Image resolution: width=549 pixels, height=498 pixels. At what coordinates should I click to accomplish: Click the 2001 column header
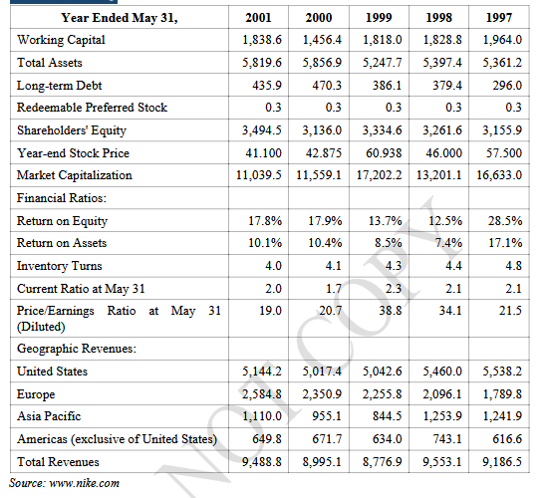coord(258,18)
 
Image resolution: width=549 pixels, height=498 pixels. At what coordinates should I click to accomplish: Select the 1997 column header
coord(499,18)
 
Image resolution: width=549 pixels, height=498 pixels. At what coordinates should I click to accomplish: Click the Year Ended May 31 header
coord(120,18)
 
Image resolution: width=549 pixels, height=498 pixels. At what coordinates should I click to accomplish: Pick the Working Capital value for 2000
coord(322,40)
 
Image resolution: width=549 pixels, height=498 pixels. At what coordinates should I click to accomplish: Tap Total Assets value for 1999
coord(382,63)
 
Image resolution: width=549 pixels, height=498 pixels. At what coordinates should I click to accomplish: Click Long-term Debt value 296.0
coord(507,85)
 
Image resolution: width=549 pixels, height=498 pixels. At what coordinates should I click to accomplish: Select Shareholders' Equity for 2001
coord(262,130)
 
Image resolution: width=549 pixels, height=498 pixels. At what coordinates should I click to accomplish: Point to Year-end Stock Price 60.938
coord(384,153)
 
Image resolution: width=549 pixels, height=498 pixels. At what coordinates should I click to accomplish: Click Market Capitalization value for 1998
coord(439,175)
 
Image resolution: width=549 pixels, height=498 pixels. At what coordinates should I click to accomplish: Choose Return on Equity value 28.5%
coord(505,221)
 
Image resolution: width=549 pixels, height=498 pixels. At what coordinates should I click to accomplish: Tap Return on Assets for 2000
coord(325,242)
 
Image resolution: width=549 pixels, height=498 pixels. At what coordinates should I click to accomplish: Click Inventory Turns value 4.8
coord(514,266)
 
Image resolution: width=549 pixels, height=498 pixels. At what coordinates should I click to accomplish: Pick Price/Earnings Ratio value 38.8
coord(391,311)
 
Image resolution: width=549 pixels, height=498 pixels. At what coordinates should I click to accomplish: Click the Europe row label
coord(36,394)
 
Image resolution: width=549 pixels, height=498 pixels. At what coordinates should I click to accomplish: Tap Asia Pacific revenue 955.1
coord(327,416)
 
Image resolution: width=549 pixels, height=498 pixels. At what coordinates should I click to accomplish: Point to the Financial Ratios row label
coord(61,198)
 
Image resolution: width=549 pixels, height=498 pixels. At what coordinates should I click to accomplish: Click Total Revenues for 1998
coord(442,462)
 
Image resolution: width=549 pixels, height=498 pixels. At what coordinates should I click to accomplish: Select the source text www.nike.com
coord(84,483)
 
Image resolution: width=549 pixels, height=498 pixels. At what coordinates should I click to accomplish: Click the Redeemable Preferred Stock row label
coord(92,108)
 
